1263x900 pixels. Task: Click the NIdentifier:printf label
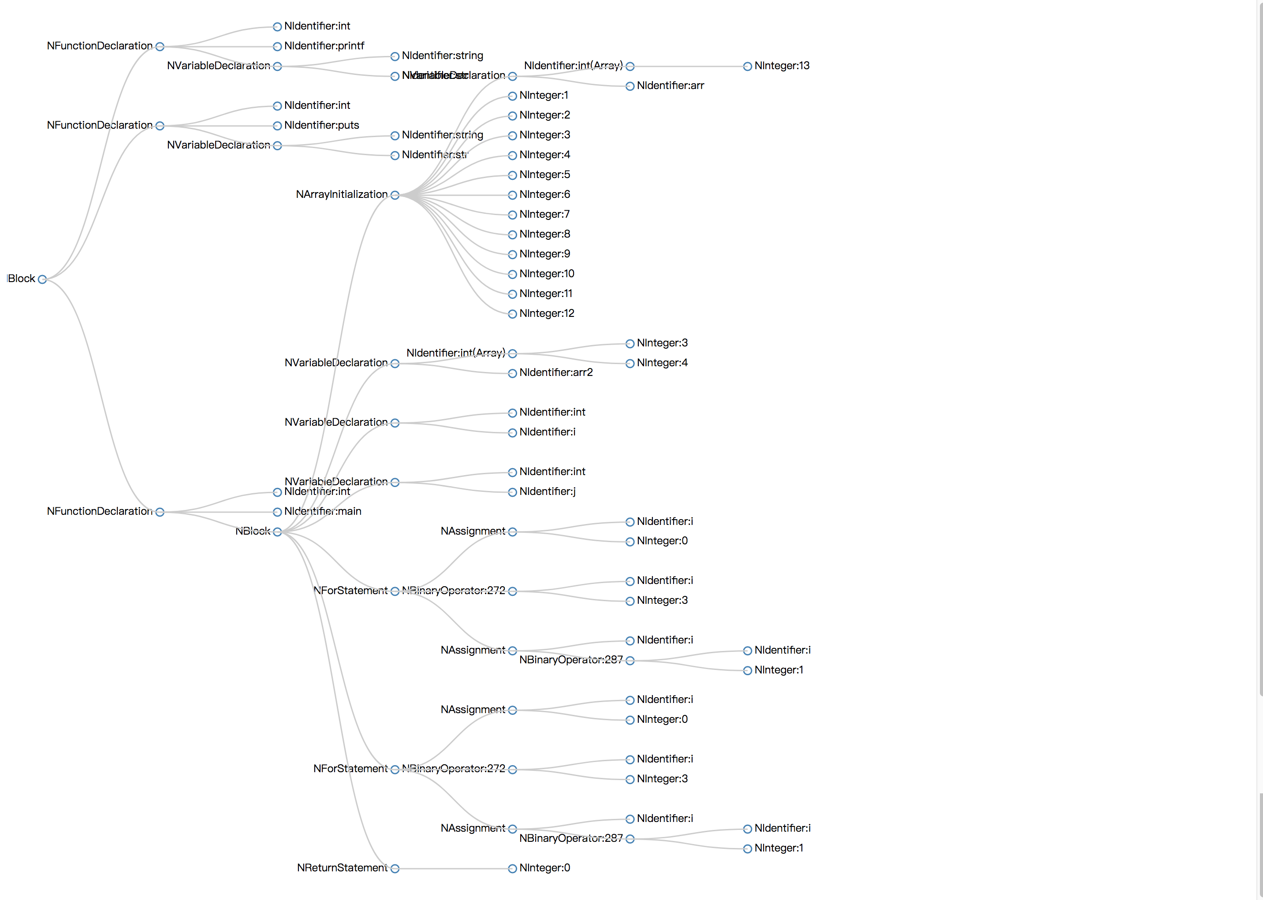[x=324, y=46]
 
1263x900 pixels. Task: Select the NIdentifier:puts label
[x=321, y=125]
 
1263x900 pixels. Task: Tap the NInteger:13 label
[x=782, y=66]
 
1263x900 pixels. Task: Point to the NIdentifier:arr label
[x=670, y=86]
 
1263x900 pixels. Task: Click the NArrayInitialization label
[x=341, y=194]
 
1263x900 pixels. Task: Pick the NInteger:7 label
[x=544, y=215]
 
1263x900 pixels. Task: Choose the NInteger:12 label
[x=547, y=314]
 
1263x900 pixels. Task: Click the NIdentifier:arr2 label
[x=556, y=373]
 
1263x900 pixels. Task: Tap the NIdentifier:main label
[x=323, y=512]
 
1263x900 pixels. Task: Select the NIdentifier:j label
[x=547, y=491]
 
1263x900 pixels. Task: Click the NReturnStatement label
[x=342, y=868]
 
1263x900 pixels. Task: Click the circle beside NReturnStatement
[x=395, y=869]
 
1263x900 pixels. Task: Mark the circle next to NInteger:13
[x=747, y=67]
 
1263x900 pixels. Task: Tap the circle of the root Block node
[x=42, y=279]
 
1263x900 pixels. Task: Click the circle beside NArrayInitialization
[x=395, y=195]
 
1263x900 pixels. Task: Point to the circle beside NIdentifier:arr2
[x=512, y=373]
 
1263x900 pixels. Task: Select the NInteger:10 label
[x=547, y=274]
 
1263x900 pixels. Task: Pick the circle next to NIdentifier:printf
[x=277, y=47]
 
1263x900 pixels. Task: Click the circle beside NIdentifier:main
[x=277, y=512]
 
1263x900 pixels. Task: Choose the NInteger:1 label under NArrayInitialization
[x=543, y=95]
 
